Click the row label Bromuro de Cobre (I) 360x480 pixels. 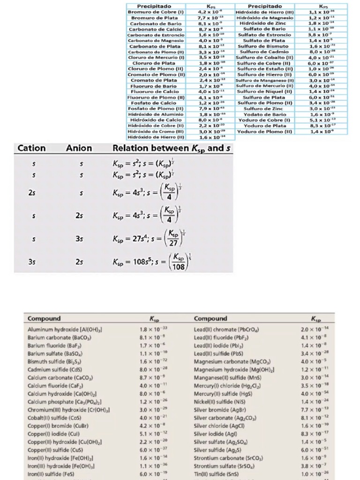[x=157, y=12]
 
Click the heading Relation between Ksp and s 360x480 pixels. [x=172, y=149]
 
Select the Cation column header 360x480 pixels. [x=31, y=149]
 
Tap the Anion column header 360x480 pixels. [x=79, y=149]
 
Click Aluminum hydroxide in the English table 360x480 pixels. [x=65, y=330]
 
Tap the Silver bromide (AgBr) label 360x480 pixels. [x=220, y=409]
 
